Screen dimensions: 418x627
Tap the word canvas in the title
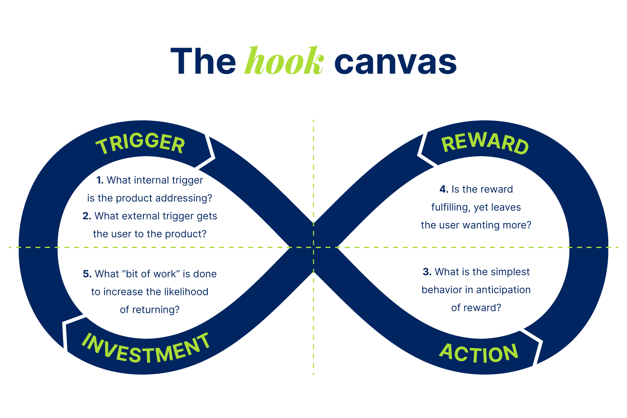(x=395, y=62)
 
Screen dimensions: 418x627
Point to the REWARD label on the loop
(x=485, y=144)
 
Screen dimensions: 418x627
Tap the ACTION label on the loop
(x=479, y=353)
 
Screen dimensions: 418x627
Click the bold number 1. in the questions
(x=100, y=180)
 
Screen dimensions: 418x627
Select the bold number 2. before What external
(x=87, y=216)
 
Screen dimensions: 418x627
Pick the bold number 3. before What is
(x=427, y=272)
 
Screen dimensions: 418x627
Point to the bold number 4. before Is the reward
(x=444, y=189)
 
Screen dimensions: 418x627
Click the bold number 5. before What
(x=87, y=274)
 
